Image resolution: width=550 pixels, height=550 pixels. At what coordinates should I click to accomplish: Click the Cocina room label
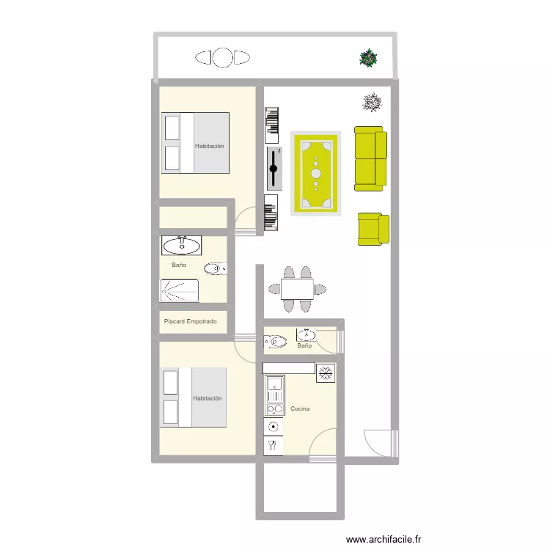(299, 408)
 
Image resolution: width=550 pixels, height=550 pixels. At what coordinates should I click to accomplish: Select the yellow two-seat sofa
(370, 158)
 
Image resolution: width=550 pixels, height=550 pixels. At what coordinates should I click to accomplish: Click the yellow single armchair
(373, 229)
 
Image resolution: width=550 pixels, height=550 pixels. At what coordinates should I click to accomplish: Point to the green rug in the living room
(316, 174)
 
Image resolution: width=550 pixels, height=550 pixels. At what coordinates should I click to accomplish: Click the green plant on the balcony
(369, 57)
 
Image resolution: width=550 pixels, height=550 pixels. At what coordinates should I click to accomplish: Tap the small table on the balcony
(222, 57)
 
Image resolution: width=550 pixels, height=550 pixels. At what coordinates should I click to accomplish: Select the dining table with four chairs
(297, 290)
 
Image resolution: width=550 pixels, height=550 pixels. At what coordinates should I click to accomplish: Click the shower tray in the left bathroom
(180, 290)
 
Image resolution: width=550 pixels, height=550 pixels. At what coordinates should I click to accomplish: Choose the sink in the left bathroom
(182, 245)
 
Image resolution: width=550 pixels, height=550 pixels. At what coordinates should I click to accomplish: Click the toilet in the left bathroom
(216, 269)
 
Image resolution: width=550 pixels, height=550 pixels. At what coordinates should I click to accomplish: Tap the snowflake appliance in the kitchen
(324, 373)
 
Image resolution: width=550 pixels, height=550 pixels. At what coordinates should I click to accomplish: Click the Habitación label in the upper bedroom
(210, 147)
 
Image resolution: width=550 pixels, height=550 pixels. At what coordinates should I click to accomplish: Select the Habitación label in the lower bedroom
(208, 399)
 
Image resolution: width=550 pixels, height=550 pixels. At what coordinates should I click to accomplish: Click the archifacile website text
(389, 540)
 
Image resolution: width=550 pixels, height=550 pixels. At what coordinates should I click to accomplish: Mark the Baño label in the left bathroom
(179, 265)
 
